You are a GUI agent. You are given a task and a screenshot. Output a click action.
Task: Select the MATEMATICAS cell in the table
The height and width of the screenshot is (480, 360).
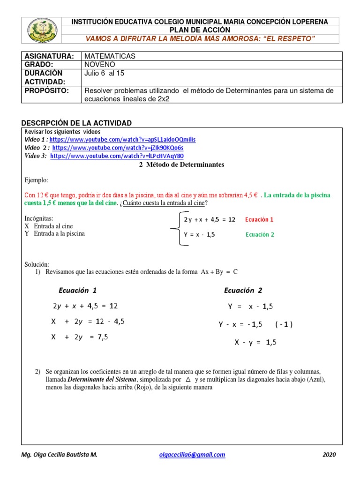click(110, 56)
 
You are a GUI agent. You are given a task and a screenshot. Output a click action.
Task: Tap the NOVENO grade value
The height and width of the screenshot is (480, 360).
click(100, 64)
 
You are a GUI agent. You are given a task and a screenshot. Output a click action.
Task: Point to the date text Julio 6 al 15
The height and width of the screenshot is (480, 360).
click(105, 73)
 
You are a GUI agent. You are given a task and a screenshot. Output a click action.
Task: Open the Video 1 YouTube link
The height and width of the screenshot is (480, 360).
click(122, 140)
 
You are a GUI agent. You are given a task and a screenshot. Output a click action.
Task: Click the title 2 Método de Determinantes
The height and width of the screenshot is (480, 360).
click(175, 165)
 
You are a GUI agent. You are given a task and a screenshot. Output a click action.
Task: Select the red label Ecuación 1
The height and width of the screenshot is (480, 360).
click(259, 219)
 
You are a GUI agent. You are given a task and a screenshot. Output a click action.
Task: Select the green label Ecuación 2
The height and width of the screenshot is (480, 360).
click(260, 235)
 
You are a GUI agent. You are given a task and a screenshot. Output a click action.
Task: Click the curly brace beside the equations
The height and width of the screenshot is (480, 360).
click(174, 228)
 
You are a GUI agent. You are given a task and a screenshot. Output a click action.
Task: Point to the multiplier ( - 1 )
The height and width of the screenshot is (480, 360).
click(284, 324)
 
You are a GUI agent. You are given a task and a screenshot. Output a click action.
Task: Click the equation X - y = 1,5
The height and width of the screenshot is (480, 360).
click(255, 343)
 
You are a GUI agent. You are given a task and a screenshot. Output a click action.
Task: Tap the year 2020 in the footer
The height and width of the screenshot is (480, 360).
click(329, 454)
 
